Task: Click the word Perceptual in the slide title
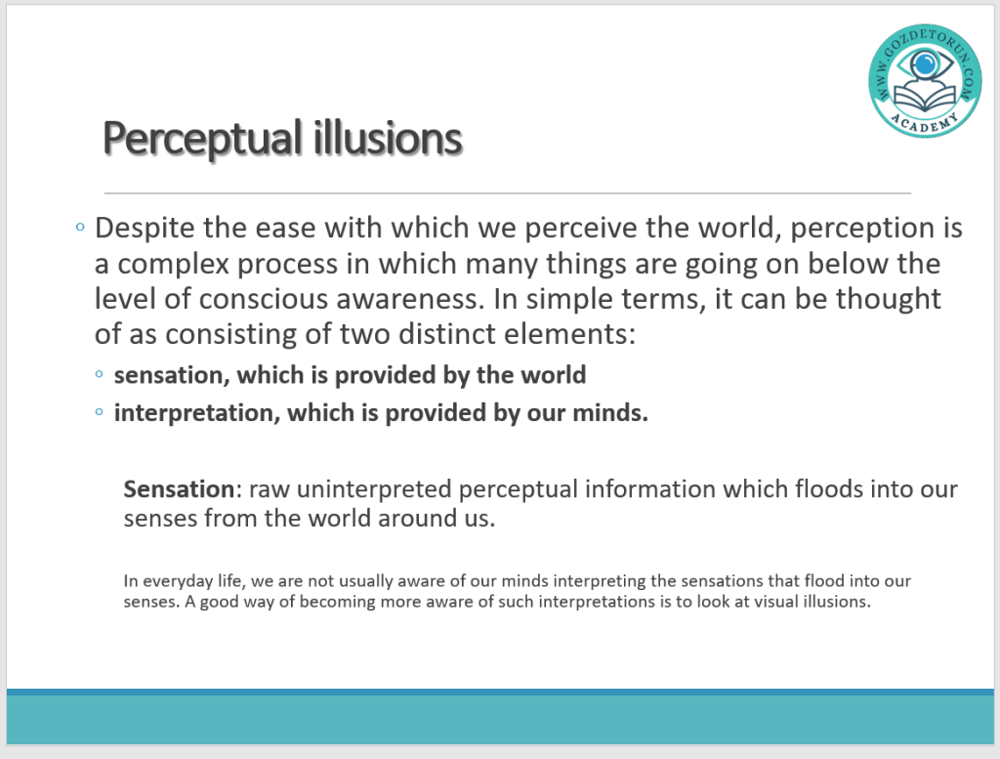(x=202, y=139)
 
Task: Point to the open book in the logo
(x=925, y=97)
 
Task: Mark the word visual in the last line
(x=774, y=602)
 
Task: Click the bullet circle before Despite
(x=80, y=227)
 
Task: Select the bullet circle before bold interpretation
(x=99, y=412)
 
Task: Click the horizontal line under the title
(x=508, y=192)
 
